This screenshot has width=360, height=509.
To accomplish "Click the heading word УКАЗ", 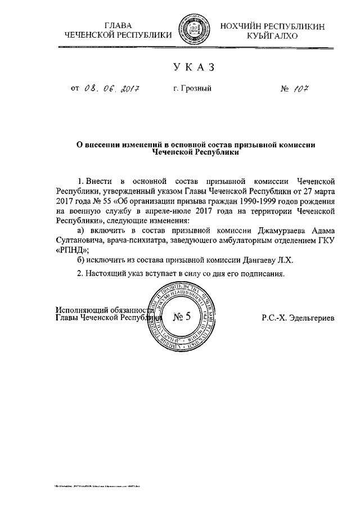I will pos(194,67).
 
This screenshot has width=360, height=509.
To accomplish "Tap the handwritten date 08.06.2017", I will pos(111,88).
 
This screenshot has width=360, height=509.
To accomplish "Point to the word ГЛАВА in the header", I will pos(118,26).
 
